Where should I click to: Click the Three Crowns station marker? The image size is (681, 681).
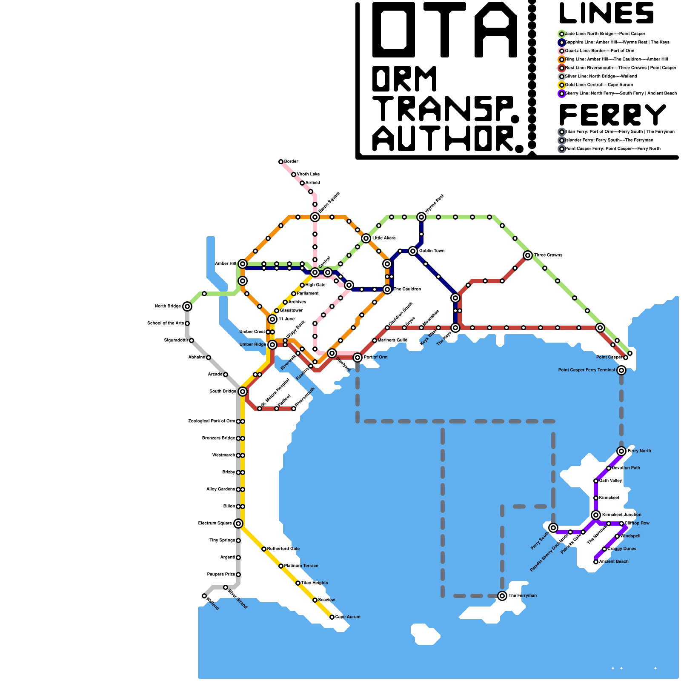pyautogui.click(x=528, y=255)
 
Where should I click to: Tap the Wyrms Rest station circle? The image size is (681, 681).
pyautogui.click(x=421, y=217)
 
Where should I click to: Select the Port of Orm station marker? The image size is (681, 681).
pyautogui.click(x=358, y=358)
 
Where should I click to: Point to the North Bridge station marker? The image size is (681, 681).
pyautogui.click(x=187, y=306)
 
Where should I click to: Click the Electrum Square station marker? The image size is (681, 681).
pyautogui.click(x=238, y=524)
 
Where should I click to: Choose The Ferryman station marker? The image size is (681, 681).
pyautogui.click(x=502, y=596)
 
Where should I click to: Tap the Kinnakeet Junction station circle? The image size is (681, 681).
pyautogui.click(x=596, y=515)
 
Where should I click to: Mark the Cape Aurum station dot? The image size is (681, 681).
pyautogui.click(x=332, y=617)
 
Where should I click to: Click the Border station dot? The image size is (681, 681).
pyautogui.click(x=281, y=162)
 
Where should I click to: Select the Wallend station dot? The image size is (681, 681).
pyautogui.click(x=204, y=596)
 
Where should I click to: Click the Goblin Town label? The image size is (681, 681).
pyautogui.click(x=432, y=251)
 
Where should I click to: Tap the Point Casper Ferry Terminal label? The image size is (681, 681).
pyautogui.click(x=586, y=370)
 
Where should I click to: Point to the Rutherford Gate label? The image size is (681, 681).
pyautogui.click(x=283, y=549)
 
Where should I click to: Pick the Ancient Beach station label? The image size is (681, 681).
pyautogui.click(x=613, y=562)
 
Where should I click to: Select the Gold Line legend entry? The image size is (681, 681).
pyautogui.click(x=598, y=85)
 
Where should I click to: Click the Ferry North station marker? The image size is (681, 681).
pyautogui.click(x=621, y=451)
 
